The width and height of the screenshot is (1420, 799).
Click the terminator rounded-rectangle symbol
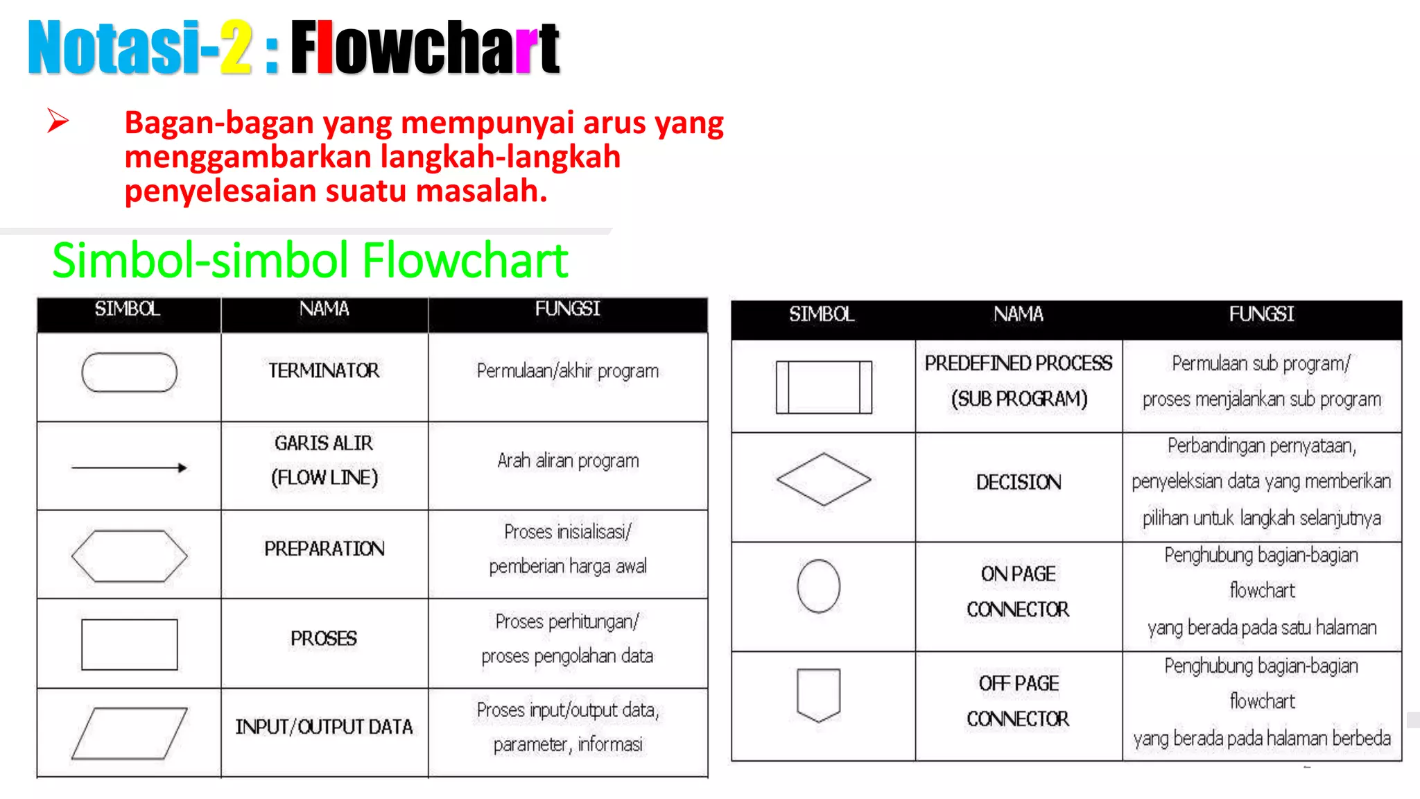129,372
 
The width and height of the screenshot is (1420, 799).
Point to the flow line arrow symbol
129,467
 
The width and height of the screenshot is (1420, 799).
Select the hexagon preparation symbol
129,556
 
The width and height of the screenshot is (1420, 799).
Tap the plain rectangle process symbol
129,644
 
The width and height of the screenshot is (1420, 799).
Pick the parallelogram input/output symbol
129,733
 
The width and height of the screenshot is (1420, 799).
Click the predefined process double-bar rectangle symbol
823,387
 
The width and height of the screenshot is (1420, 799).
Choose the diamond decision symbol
823,479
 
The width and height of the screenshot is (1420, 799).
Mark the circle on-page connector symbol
818,586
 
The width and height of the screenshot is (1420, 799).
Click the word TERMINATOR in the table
324,371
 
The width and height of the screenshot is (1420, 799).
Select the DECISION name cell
1018,482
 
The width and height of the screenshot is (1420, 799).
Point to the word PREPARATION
324,549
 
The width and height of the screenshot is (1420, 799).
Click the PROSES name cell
324,638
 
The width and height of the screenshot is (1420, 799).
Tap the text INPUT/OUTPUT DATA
324,727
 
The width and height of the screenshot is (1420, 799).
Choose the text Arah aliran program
568,461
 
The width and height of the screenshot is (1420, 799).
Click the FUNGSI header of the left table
567,309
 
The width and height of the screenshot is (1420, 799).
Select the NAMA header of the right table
1018,314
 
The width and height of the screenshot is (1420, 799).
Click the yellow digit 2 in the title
236,47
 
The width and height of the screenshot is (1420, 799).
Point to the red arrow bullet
58,121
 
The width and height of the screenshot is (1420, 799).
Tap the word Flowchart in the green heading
465,261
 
